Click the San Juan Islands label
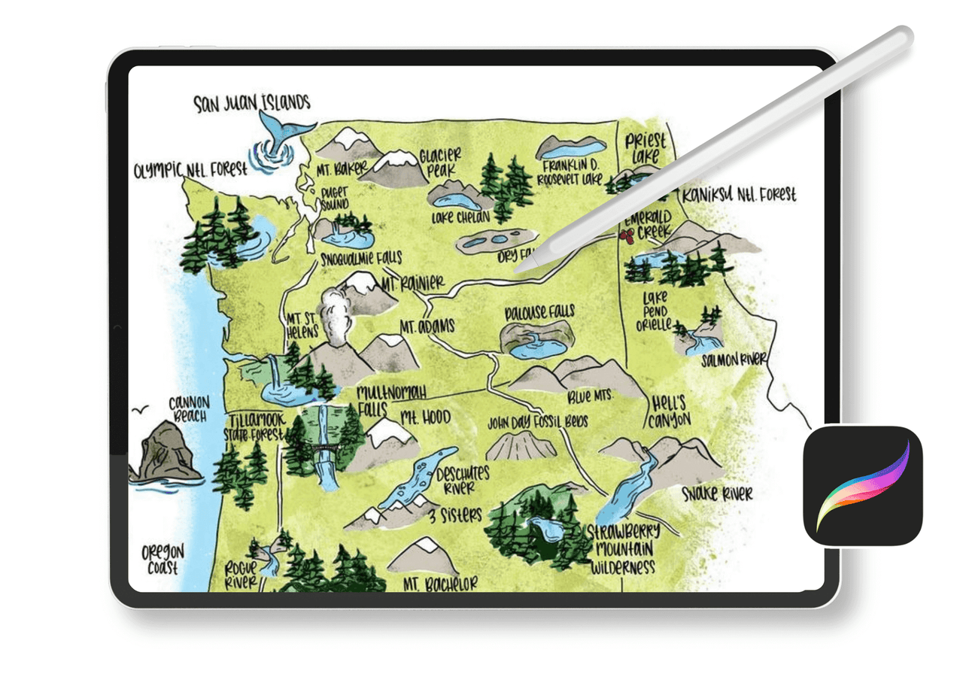coord(251,102)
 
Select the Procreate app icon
coord(863,485)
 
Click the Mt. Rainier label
coord(412,285)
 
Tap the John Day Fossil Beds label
coord(537,422)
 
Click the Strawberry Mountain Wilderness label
coord(624,548)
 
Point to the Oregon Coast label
coord(163,560)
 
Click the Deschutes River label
coord(462,479)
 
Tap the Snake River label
coord(717,494)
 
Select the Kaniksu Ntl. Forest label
coord(738,196)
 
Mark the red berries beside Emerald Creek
coord(624,237)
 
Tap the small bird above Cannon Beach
coord(138,411)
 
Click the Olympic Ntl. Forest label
coord(190,170)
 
